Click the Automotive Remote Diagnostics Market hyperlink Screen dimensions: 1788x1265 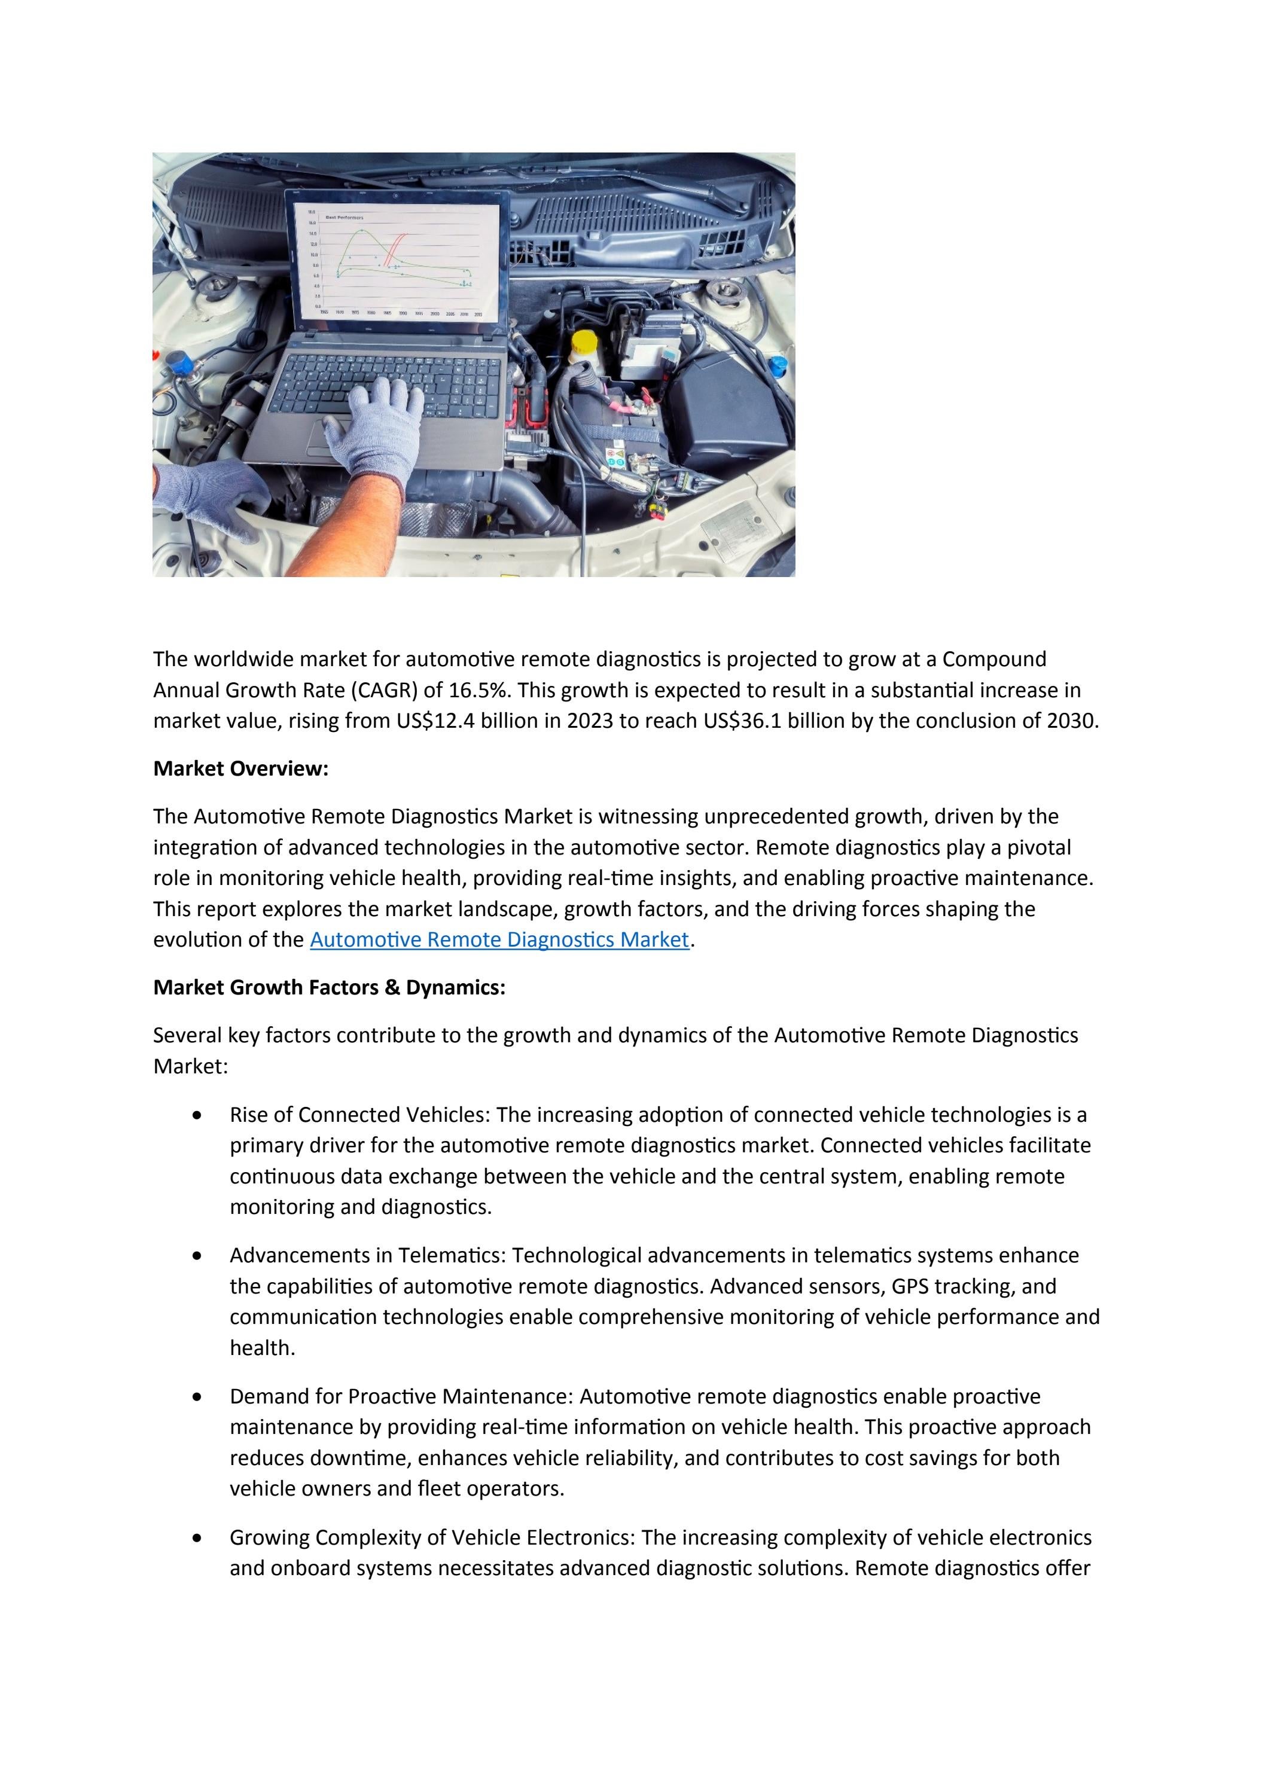click(499, 939)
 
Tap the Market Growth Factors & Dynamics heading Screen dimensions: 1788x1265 click(329, 987)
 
